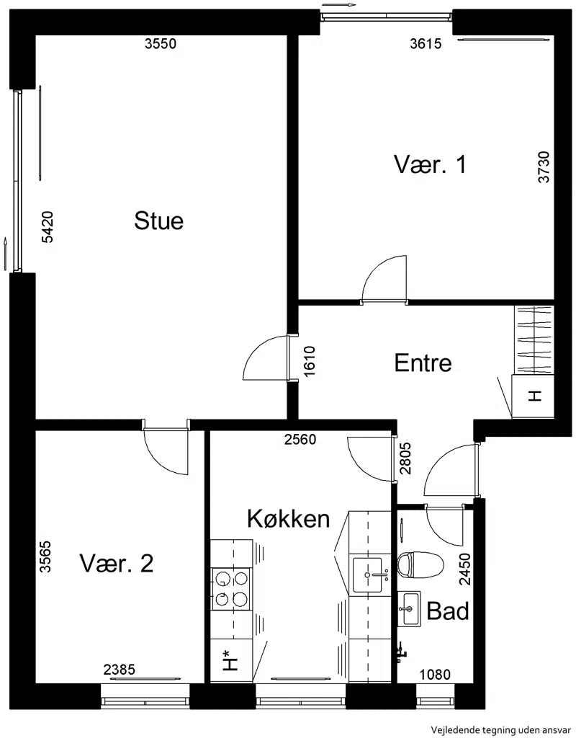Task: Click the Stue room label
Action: click(158, 221)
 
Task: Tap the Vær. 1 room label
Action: click(430, 164)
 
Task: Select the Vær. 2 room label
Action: click(117, 563)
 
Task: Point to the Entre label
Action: click(423, 363)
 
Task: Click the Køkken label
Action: click(289, 518)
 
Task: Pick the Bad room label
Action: click(448, 611)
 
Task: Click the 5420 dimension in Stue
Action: click(48, 227)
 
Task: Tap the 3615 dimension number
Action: click(426, 43)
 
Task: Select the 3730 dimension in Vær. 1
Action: click(544, 167)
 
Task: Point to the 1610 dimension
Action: click(310, 362)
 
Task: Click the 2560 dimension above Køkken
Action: click(300, 440)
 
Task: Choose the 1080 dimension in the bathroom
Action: click(436, 675)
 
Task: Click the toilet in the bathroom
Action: click(420, 564)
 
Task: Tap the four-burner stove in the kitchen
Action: click(231, 589)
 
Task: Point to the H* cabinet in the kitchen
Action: click(231, 661)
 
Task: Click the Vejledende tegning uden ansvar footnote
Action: click(501, 729)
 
